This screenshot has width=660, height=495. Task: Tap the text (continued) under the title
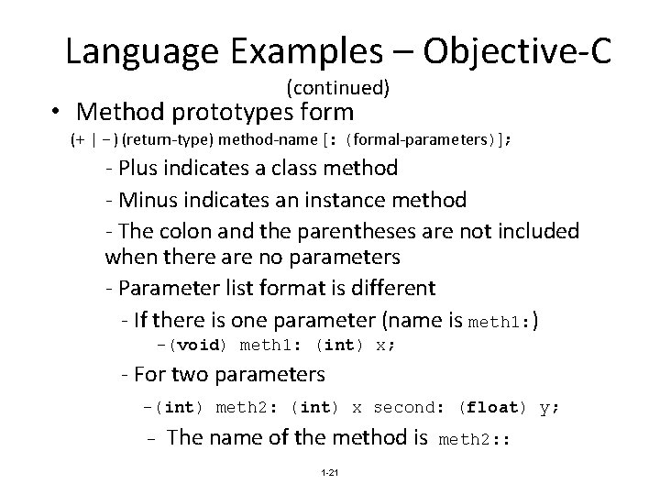click(338, 89)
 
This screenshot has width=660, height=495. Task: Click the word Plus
click(137, 168)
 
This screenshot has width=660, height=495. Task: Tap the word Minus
click(146, 199)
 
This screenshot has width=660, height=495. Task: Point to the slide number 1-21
click(330, 472)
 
